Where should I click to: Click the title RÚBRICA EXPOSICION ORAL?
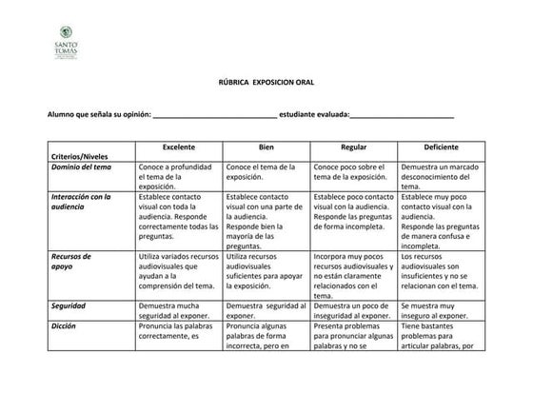pos(266,84)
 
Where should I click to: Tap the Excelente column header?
pos(179,148)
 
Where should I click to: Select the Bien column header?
pos(266,148)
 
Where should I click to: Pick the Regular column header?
pos(353,148)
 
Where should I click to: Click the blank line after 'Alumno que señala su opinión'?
pos(214,115)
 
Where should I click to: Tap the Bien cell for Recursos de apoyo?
pos(266,271)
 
